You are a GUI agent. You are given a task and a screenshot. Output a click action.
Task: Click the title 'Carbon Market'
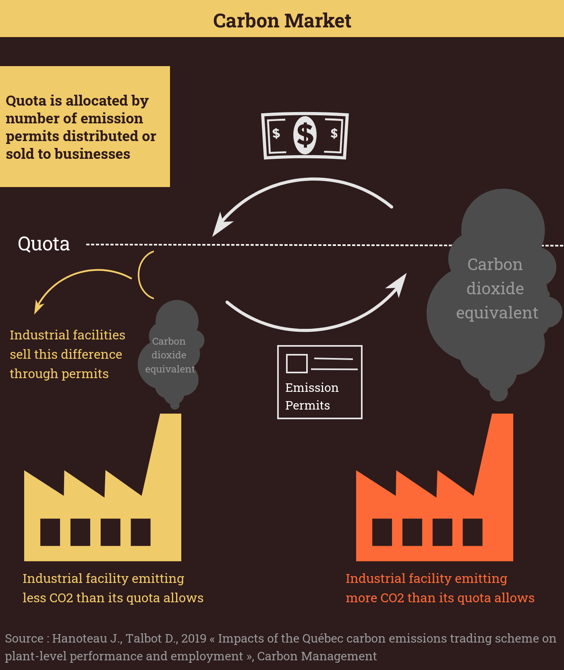tap(282, 21)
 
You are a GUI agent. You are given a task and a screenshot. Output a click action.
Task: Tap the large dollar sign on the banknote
tap(305, 135)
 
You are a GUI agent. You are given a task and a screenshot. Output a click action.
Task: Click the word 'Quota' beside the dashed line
tap(44, 244)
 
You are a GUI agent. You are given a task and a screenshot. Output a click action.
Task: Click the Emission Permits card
tap(320, 382)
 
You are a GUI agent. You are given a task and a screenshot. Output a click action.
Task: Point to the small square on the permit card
tap(297, 363)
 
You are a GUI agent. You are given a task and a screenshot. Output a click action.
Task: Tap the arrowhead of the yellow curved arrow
tap(39, 307)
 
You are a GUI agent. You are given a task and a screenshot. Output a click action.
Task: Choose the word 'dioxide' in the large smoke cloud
tap(495, 289)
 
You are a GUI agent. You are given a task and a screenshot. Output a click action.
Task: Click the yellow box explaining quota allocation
tap(85, 127)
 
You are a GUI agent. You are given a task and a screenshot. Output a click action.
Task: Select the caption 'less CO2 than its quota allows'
tap(113, 598)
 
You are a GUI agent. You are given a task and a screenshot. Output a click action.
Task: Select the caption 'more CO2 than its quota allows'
tap(440, 598)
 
